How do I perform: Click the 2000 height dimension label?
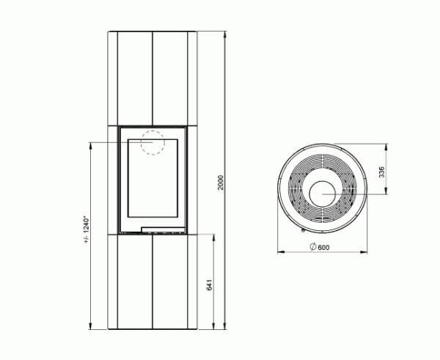click(221, 183)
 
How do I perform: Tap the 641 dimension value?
click(209, 285)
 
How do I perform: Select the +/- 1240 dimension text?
click(87, 229)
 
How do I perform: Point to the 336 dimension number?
click(381, 172)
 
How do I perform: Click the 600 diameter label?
click(324, 248)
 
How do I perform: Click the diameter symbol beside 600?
click(313, 246)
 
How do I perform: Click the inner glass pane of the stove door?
click(153, 178)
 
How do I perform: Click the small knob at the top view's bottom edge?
click(304, 230)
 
